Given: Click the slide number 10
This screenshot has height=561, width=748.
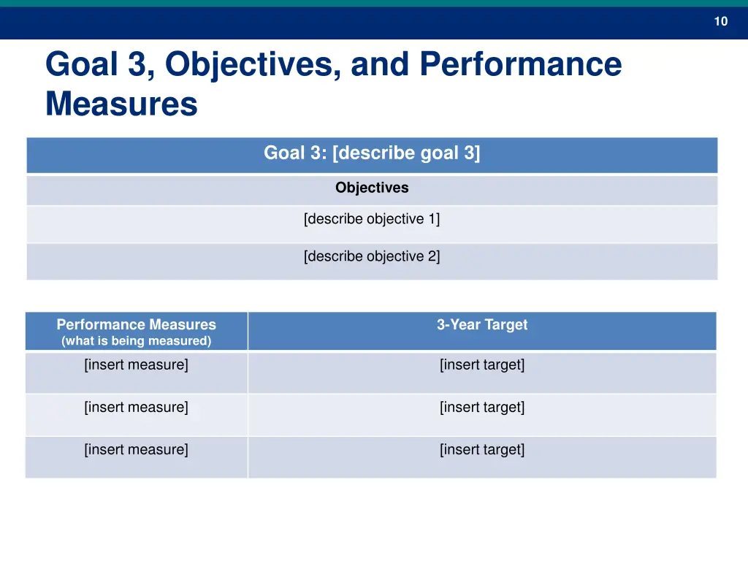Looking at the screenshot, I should (720, 21).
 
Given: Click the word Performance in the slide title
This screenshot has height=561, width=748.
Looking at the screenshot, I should (520, 64).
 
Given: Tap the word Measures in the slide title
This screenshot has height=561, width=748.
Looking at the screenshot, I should (121, 104).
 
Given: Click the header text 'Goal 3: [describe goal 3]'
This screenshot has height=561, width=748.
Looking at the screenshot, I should (372, 153).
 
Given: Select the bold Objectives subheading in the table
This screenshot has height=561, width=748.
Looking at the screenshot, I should (372, 188).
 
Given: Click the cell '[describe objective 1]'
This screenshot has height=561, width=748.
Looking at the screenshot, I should (372, 219).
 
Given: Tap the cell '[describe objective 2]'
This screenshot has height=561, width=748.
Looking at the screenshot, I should (372, 256).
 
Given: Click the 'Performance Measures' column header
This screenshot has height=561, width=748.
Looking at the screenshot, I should (137, 324).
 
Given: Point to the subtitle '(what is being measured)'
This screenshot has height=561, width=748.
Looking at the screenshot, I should (137, 341).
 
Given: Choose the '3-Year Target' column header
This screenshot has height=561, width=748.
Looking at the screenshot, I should (482, 325).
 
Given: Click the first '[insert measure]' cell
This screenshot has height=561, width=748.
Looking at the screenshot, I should (136, 365).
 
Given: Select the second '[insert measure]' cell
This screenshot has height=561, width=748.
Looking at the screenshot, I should (136, 408).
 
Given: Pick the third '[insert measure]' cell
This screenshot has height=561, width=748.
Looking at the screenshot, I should (136, 450).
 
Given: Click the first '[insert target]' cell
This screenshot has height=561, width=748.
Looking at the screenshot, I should (482, 365).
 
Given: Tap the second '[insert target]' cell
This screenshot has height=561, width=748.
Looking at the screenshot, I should (482, 408).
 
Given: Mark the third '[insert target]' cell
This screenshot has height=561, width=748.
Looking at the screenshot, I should (482, 450).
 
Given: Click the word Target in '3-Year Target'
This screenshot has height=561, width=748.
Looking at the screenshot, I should (506, 325).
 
